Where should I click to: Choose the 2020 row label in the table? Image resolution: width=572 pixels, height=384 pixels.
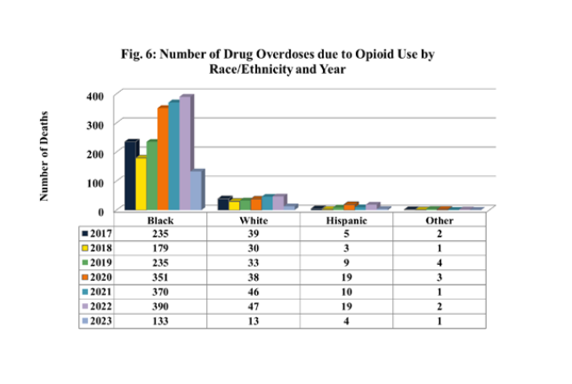97,276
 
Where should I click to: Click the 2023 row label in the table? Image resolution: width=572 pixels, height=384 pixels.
97,319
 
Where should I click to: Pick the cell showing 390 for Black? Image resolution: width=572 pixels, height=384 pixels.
159,305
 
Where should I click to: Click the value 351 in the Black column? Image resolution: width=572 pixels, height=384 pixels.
159,276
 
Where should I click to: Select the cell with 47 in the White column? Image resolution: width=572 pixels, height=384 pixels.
254,305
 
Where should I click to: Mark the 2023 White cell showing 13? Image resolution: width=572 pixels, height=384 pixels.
254,319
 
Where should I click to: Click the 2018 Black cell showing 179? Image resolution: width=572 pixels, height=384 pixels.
159,248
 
